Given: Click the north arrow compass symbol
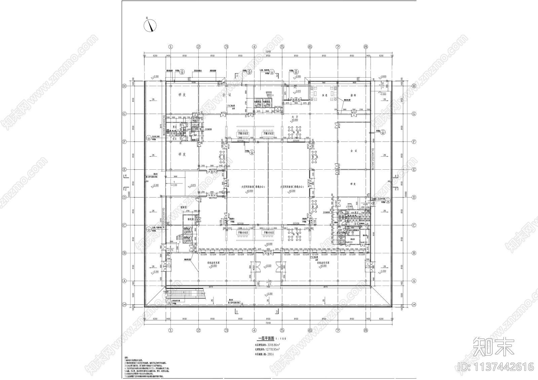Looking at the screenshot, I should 150,25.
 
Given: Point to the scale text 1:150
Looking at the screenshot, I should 281,339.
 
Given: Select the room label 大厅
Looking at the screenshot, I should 295,117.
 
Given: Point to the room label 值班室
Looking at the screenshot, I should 184,207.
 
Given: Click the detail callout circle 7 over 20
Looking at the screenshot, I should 384,131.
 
